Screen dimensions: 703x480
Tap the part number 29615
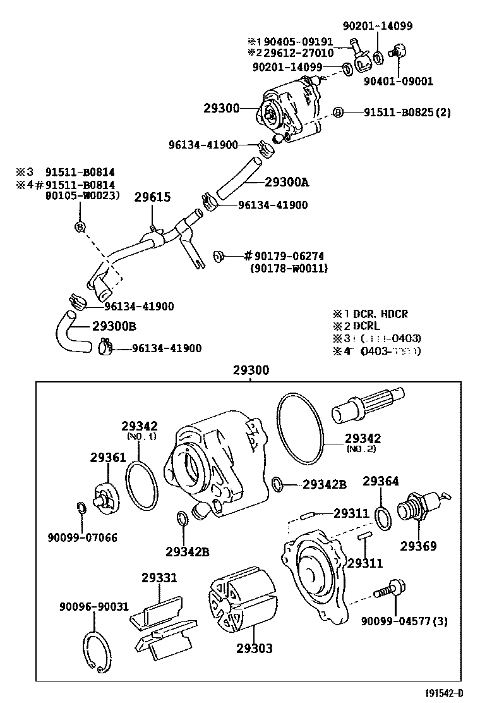point(152,197)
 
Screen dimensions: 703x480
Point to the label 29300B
point(114,326)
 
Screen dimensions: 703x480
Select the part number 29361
point(108,457)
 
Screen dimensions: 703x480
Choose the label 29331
point(159,577)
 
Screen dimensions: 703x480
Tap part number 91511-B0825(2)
point(407,113)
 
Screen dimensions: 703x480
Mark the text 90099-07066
point(82,538)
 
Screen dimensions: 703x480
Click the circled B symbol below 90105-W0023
point(80,227)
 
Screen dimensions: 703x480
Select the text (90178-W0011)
point(289,268)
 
